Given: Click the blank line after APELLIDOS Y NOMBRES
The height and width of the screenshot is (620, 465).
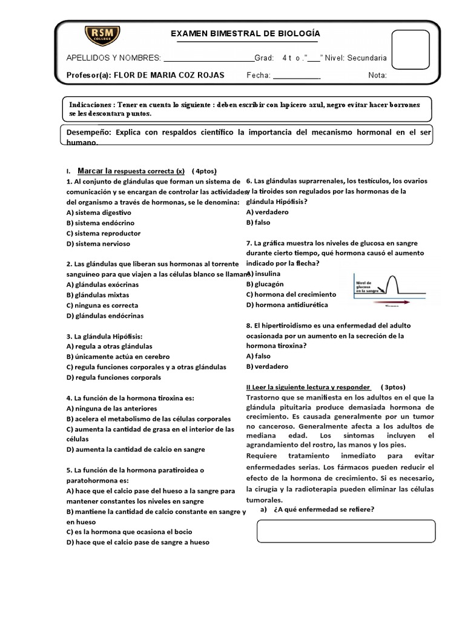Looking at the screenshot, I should click(x=209, y=59).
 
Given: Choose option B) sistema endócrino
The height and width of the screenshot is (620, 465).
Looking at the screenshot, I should click(x=99, y=223).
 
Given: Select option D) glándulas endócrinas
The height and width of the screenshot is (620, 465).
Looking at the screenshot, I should click(x=104, y=315).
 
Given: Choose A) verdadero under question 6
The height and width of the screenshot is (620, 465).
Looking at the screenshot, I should click(x=267, y=212).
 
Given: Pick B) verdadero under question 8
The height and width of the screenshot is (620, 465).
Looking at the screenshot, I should click(x=267, y=366).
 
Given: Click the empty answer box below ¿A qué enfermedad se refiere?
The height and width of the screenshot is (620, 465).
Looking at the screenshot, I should click(x=346, y=530).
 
